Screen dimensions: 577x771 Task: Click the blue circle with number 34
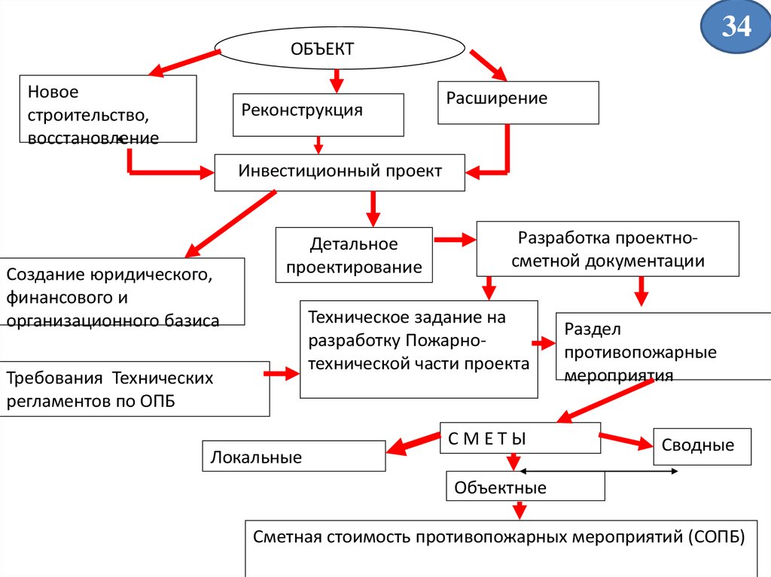736,27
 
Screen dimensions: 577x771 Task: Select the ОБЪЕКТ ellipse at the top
340,50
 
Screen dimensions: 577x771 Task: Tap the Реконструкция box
318,114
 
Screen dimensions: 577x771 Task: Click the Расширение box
518,102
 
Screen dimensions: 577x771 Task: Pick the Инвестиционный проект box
340,172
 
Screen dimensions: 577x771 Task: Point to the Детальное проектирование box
354,255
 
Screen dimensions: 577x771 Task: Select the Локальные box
294,457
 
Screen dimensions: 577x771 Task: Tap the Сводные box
702,446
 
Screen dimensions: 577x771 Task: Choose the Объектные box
525,487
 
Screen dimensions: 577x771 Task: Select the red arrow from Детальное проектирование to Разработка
456,240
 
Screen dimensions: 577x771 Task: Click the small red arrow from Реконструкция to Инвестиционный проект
318,144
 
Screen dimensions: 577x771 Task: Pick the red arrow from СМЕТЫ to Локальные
412,444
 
